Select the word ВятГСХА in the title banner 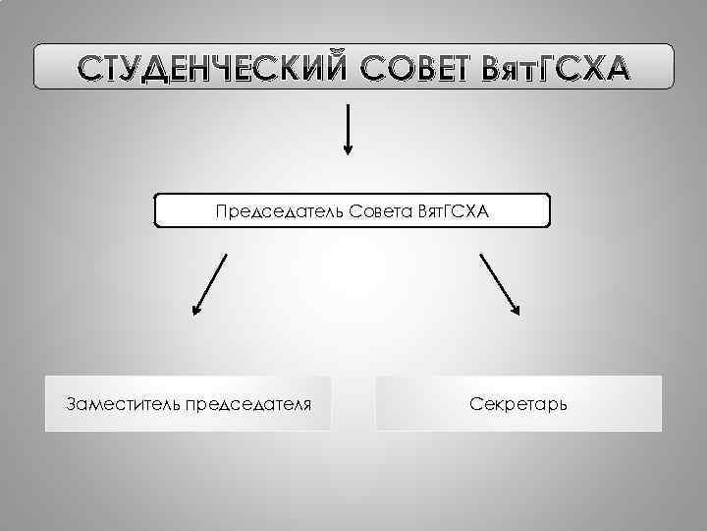pyautogui.click(x=553, y=68)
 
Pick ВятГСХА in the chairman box pyautogui.click(x=453, y=212)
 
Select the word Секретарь pyautogui.click(x=518, y=404)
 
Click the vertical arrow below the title pyautogui.click(x=347, y=128)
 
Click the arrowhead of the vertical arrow pyautogui.click(x=347, y=148)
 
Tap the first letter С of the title pyautogui.click(x=91, y=68)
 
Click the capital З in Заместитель pyautogui.click(x=71, y=404)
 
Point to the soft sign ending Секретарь pyautogui.click(x=561, y=404)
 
